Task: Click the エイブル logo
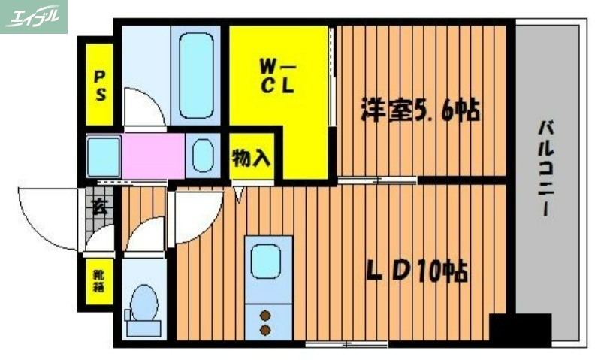(34, 17)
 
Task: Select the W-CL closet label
(278, 75)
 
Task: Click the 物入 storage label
(252, 159)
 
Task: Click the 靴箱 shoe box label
(98, 281)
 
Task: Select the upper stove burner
(265, 314)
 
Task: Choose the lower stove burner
(265, 328)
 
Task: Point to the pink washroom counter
(153, 156)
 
